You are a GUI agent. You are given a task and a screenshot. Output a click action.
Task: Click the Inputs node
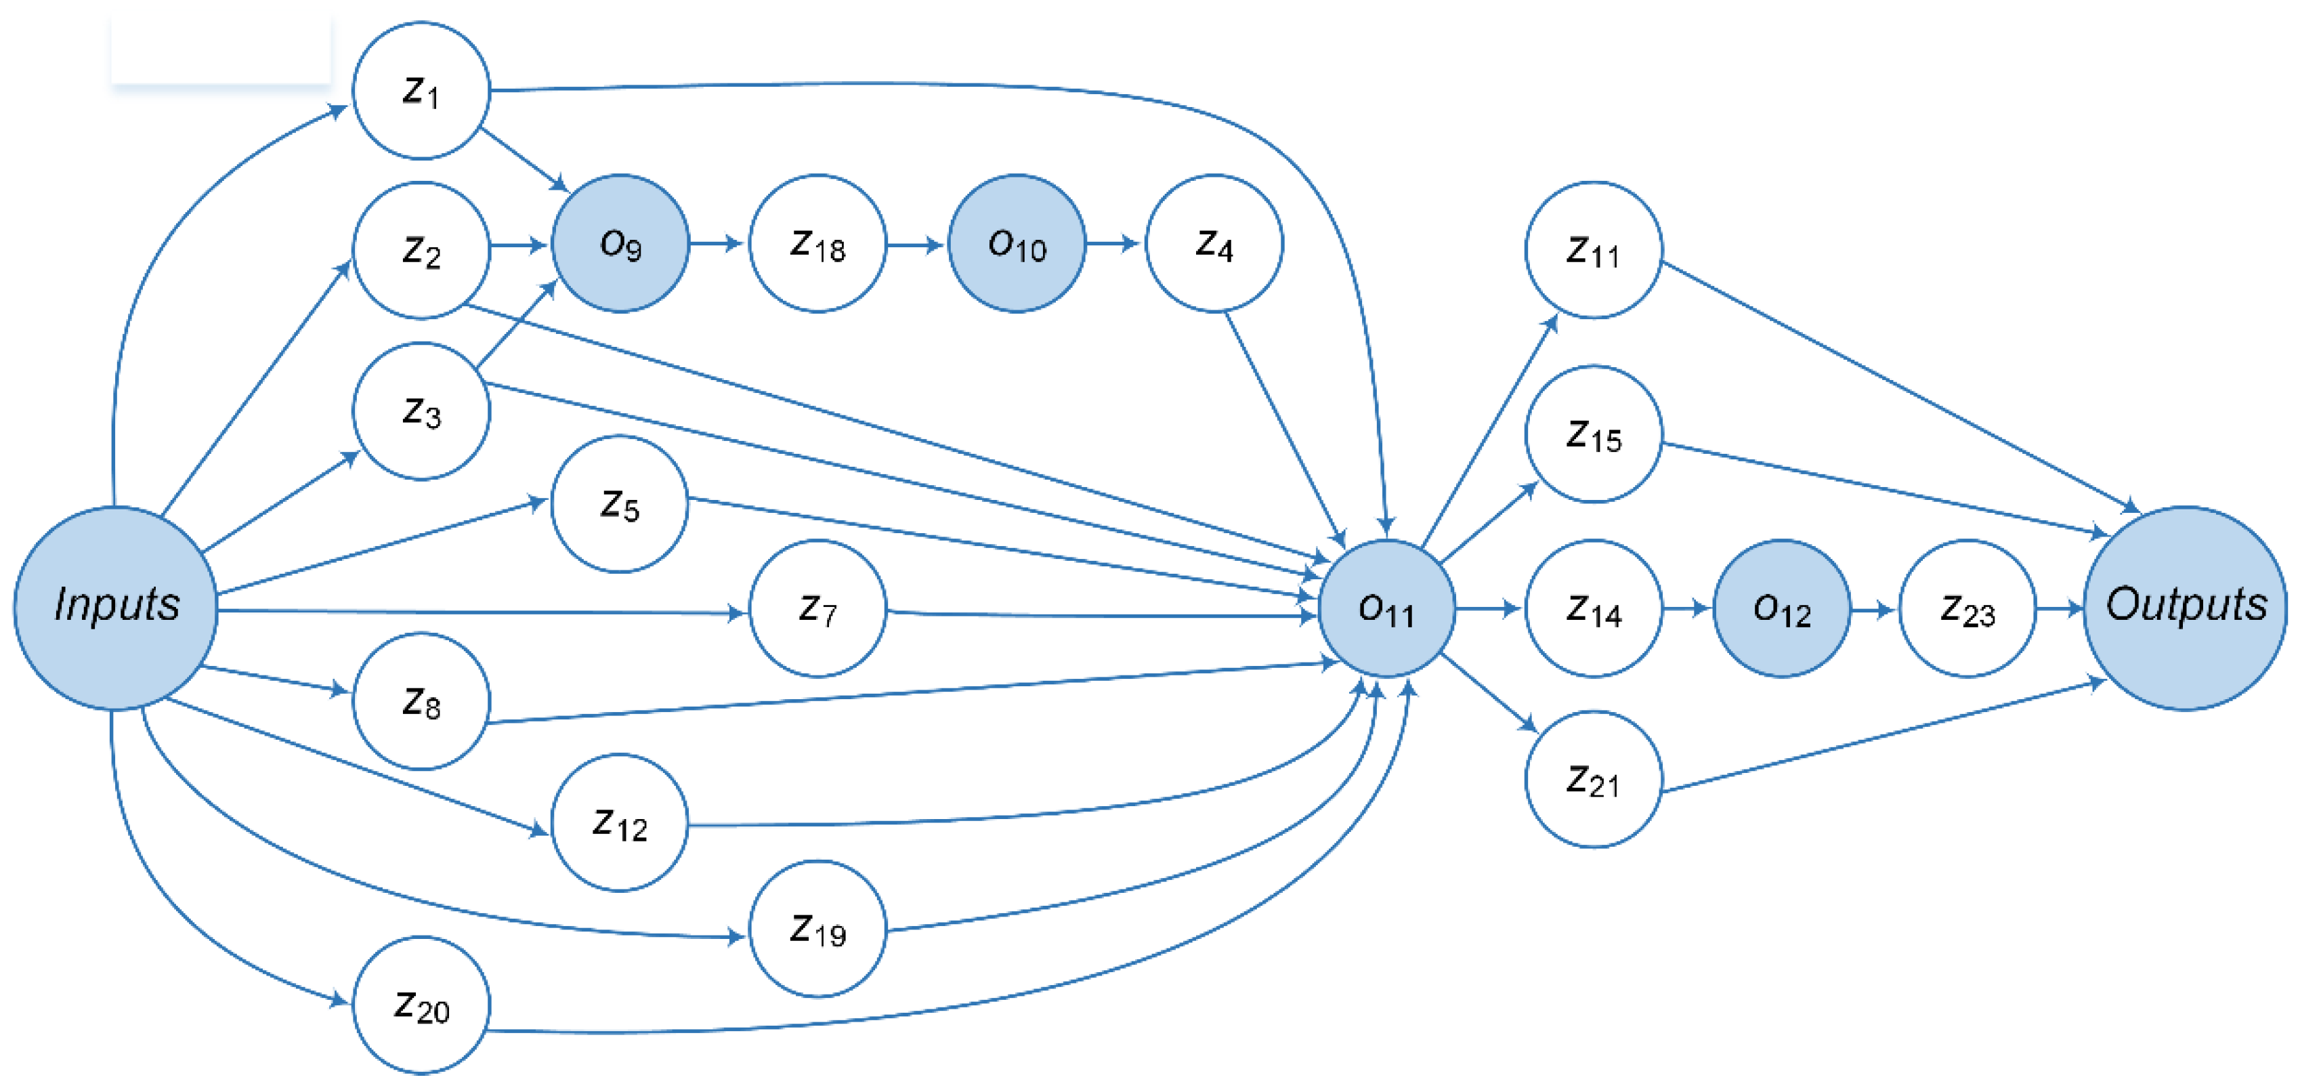click(x=116, y=608)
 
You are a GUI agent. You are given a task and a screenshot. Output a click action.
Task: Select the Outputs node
click(x=2185, y=608)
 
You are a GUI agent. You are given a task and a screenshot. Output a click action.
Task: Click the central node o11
click(x=1386, y=608)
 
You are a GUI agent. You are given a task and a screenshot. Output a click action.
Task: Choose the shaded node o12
click(x=1781, y=608)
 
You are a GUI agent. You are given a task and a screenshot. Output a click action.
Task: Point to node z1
click(x=421, y=90)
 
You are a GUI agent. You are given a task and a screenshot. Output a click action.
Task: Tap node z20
click(x=421, y=1005)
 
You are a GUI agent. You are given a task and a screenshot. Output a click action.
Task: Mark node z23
click(x=1967, y=608)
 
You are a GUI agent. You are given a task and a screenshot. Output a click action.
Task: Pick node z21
click(x=1593, y=779)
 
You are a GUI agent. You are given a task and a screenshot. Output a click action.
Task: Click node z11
click(x=1593, y=250)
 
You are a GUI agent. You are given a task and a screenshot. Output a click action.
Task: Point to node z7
click(x=817, y=608)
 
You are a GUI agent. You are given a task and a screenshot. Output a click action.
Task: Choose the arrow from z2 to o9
click(x=520, y=244)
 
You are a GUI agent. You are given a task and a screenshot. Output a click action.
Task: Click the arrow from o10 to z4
click(x=1114, y=243)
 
